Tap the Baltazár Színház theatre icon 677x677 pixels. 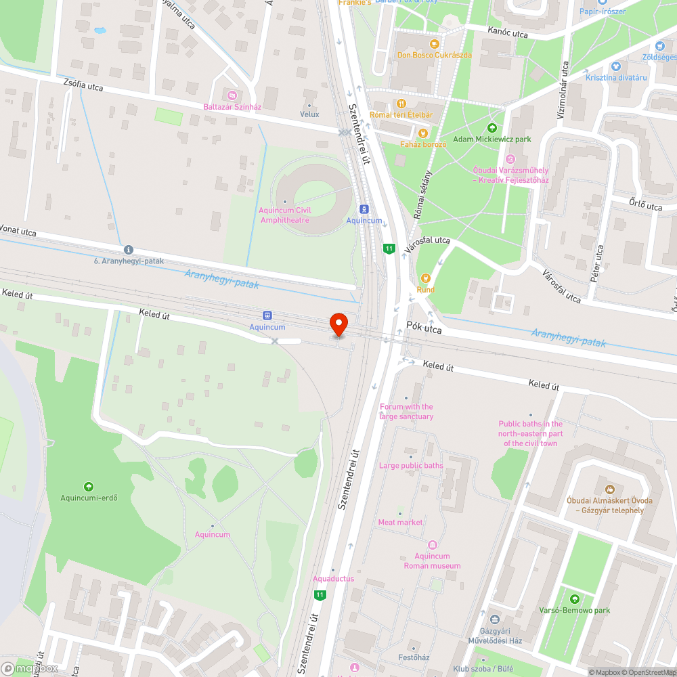point(232,95)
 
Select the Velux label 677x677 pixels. point(309,114)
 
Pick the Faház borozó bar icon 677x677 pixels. point(423,133)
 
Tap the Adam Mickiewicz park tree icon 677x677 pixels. point(492,127)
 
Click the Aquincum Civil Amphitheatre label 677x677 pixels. point(284,215)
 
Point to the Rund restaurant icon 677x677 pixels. point(425,278)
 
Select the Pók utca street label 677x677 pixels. point(424,328)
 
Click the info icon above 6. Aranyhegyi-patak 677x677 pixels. point(129,249)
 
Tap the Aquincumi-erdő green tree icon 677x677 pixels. point(88,487)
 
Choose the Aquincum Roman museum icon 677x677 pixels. point(432,545)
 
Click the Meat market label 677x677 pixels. point(400,523)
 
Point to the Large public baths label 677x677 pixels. point(411,466)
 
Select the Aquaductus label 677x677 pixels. point(333,579)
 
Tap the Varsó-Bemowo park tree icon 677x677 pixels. point(574,598)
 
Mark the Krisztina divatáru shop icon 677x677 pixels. point(615,66)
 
